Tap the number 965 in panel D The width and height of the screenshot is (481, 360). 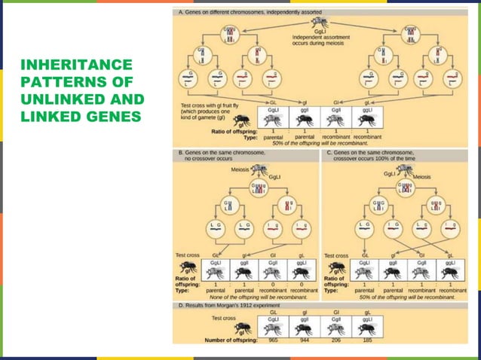pos(273,340)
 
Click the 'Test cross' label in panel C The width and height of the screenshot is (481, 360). pos(337,255)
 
